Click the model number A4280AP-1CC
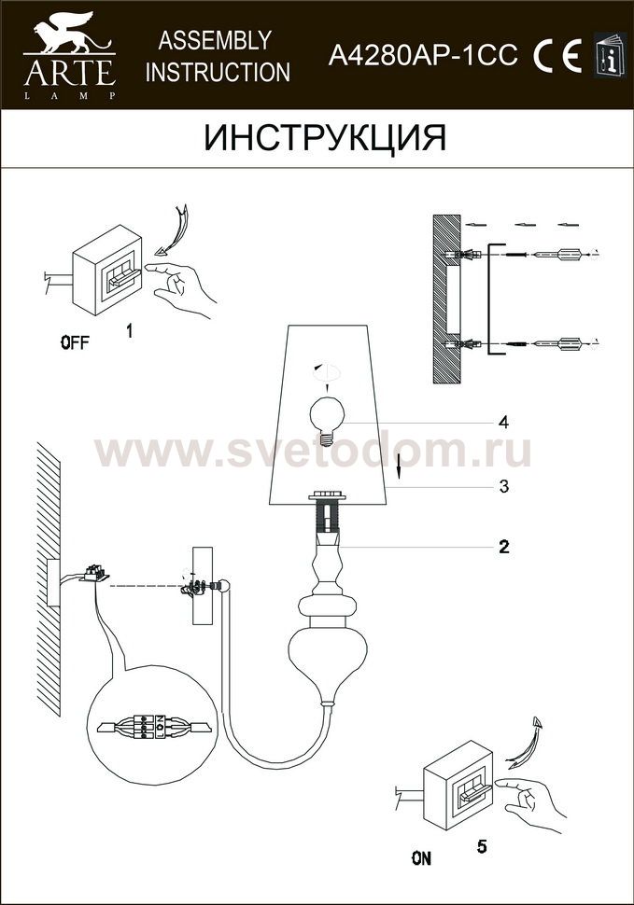[x=423, y=56]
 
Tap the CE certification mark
[x=557, y=56]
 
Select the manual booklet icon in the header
[x=610, y=54]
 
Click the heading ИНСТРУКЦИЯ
[x=325, y=137]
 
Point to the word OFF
[x=76, y=342]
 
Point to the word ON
[x=421, y=858]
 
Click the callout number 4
[x=503, y=423]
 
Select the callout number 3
[x=504, y=486]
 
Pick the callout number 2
[x=504, y=546]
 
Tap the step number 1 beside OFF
[x=130, y=330]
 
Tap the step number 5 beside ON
[x=482, y=847]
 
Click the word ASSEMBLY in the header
[x=215, y=40]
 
